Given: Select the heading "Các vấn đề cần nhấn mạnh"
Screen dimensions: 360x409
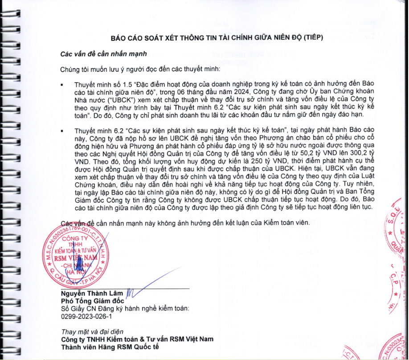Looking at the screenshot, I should tap(103, 54).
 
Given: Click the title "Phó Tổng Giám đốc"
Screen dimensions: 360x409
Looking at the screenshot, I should tap(86, 301).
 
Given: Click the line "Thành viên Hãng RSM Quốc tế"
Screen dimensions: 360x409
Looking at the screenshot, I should tap(110, 347).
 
